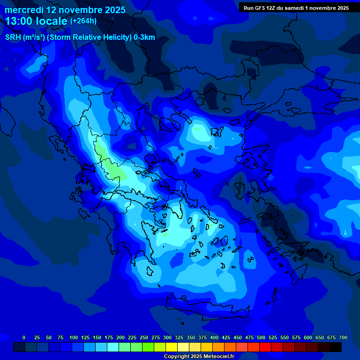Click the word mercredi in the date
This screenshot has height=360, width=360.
pyautogui.click(x=23, y=10)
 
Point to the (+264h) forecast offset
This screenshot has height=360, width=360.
pyautogui.click(x=83, y=21)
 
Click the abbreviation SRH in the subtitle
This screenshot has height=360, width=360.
pyautogui.click(x=13, y=37)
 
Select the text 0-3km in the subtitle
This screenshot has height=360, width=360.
pyautogui.click(x=144, y=37)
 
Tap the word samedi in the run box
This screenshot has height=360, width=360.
pyautogui.click(x=292, y=8)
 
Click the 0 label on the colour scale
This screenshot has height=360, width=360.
pyautogui.click(x=24, y=337)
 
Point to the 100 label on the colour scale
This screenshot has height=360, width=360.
pyautogui.click(x=74, y=337)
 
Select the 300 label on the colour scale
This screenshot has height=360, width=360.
pyautogui.click(x=167, y=337)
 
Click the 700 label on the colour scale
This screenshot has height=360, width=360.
pyautogui.click(x=343, y=337)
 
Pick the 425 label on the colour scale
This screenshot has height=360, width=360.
pyautogui.click(x=226, y=337)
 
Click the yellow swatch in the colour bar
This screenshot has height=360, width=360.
pyautogui.click(x=172, y=347)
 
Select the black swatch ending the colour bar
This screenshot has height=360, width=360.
pyautogui.click(x=336, y=347)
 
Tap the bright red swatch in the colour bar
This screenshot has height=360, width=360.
pyautogui.click(x=265, y=347)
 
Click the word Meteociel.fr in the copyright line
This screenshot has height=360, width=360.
pyautogui.click(x=218, y=357)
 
